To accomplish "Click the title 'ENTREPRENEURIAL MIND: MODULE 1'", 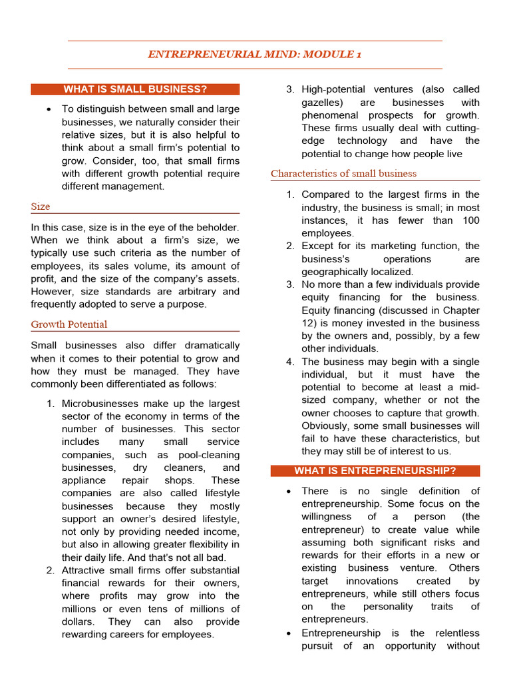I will tap(255, 55).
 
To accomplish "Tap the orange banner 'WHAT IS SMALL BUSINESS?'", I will tap(135, 89).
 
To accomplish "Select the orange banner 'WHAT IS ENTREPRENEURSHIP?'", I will tap(375, 471).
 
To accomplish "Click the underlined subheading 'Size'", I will tap(41, 206).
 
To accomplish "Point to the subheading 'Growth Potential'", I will tap(69, 324).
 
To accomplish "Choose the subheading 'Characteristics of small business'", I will tap(343, 174).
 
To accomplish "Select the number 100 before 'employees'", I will tap(470, 220).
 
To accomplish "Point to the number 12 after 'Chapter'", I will tap(309, 323).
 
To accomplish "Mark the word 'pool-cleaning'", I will tap(208, 455).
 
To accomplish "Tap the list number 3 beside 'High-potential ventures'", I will tap(290, 90).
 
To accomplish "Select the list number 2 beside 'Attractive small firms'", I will tap(51, 571).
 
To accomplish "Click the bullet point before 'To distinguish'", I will tap(50, 109).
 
